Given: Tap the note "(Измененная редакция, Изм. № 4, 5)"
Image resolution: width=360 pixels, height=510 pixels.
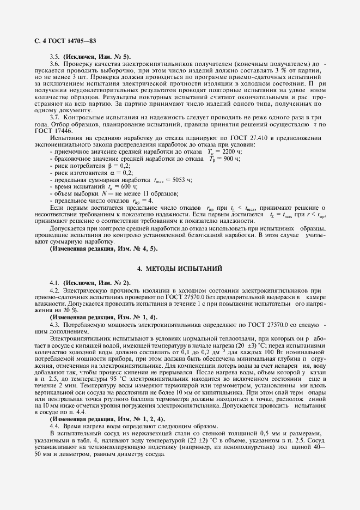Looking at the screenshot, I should [x=103, y=248].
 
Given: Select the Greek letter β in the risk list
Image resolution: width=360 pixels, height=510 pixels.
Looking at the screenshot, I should [x=105, y=165].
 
